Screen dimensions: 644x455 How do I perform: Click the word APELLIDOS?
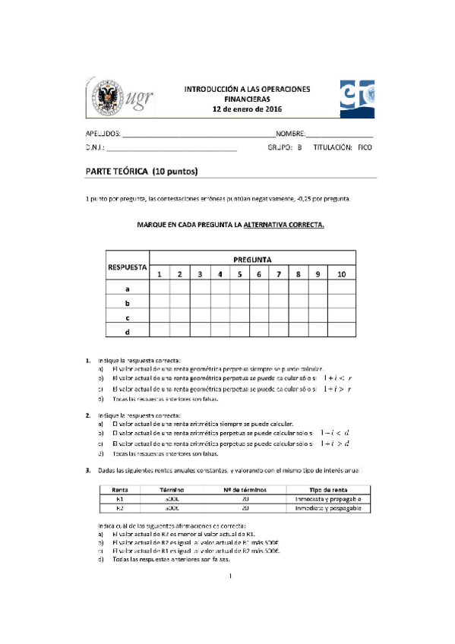[x=103, y=133]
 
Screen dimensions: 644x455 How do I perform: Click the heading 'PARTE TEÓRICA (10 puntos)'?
[x=142, y=172]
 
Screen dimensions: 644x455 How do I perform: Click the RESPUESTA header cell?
[x=125, y=267]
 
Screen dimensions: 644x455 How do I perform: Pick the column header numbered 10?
[x=341, y=274]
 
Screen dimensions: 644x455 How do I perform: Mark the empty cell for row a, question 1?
[x=160, y=289]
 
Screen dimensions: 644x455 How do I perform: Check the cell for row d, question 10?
[x=341, y=331]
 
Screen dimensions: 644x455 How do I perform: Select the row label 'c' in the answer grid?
[x=126, y=317]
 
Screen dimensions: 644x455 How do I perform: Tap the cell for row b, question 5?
[x=239, y=303]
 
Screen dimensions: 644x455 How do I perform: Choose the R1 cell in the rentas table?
[x=119, y=500]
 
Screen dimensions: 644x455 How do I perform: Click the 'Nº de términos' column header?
[x=242, y=491]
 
